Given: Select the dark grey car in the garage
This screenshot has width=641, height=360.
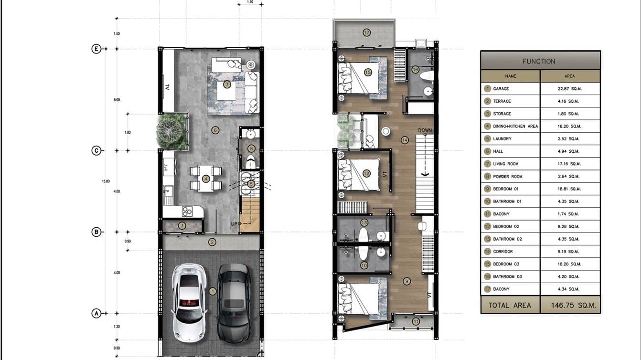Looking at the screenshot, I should [234, 302].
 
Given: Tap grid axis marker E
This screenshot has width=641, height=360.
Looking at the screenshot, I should [96, 49].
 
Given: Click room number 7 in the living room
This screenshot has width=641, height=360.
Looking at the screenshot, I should [227, 85].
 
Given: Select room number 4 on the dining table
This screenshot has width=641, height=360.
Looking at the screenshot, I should [206, 179].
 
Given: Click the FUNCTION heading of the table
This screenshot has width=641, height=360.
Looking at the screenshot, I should [539, 61].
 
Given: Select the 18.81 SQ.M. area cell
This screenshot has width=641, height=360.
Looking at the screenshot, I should [569, 189].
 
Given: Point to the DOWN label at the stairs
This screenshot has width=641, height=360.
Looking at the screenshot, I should [425, 130].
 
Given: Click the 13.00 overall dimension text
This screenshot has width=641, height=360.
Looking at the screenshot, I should [106, 181].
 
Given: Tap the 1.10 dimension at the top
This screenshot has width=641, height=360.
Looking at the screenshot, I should [250, 2].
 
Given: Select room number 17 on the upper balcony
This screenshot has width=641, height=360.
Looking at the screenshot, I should [366, 33].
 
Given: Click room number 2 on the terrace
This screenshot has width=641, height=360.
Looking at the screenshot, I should [212, 242].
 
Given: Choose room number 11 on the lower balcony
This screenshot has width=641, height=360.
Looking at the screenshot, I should [416, 321].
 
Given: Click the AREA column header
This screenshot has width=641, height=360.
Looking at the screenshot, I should [569, 76].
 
